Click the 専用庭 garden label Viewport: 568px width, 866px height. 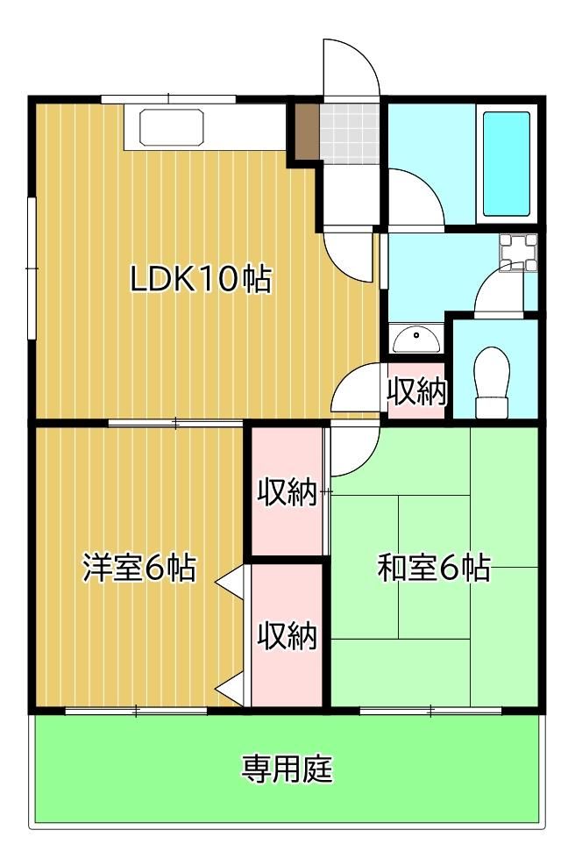pos(287,768)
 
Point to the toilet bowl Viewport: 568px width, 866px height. pos(492,381)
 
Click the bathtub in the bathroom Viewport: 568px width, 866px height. pos(507,164)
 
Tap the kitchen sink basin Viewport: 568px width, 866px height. pos(172,127)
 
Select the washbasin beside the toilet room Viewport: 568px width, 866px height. pos(416,339)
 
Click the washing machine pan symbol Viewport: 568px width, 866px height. pos(518,252)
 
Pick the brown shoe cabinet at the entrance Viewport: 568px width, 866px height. pos(308,131)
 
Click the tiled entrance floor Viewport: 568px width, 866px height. pos(350,133)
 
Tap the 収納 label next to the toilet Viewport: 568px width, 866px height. pos(416,391)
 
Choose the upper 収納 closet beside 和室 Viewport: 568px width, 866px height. pos(287,491)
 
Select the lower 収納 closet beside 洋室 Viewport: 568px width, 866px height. pos(287,635)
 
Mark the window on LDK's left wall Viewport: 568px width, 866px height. pos(32,268)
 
